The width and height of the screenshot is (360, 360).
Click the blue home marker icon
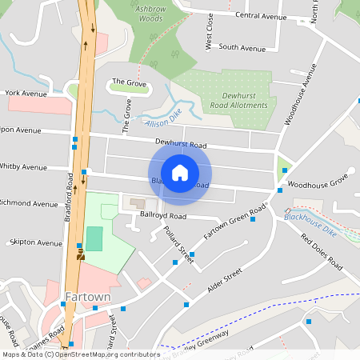click(x=180, y=173)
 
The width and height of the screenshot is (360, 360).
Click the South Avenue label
click(x=242, y=48)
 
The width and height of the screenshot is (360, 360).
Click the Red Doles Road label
click(x=322, y=250)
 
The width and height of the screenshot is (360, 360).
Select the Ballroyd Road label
click(x=163, y=216)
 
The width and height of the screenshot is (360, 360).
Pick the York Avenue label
click(x=26, y=93)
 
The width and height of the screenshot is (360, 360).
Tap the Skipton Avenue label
click(x=35, y=242)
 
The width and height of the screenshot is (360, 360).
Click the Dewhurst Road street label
click(x=181, y=145)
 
